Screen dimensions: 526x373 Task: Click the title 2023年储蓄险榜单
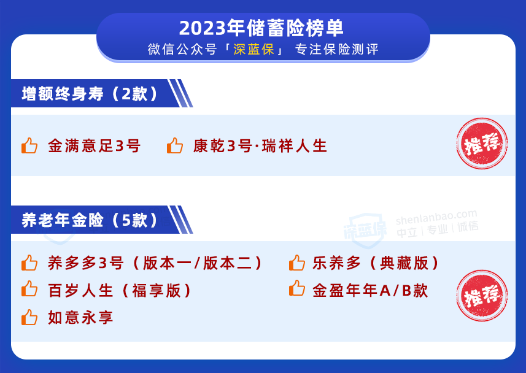click(x=261, y=28)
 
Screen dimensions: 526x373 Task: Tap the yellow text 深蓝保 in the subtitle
click(x=254, y=49)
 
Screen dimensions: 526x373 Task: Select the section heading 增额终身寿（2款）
click(x=90, y=94)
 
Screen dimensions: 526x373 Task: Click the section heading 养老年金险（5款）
click(x=90, y=220)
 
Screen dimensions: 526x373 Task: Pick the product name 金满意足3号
click(x=95, y=146)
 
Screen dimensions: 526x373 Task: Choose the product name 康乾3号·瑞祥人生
click(x=260, y=146)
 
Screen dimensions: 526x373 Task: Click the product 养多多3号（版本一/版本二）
click(x=155, y=263)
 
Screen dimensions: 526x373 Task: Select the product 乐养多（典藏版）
click(x=376, y=263)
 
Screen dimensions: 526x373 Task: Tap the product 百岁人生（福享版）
click(x=120, y=290)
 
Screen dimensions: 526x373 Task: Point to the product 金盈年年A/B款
click(x=370, y=290)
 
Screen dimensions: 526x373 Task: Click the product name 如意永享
click(x=80, y=318)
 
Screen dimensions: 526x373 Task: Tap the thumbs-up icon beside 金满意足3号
click(x=29, y=145)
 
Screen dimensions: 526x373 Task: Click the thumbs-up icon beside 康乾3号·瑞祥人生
click(x=175, y=145)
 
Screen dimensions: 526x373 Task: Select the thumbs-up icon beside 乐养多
click(x=297, y=263)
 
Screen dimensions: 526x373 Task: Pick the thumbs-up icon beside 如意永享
click(x=29, y=317)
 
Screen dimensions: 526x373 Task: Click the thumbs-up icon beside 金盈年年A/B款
click(x=297, y=288)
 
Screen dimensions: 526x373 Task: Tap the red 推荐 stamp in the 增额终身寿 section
click(x=482, y=144)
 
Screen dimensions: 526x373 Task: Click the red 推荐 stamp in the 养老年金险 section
click(x=482, y=296)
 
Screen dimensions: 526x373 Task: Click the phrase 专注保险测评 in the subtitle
click(x=337, y=49)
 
